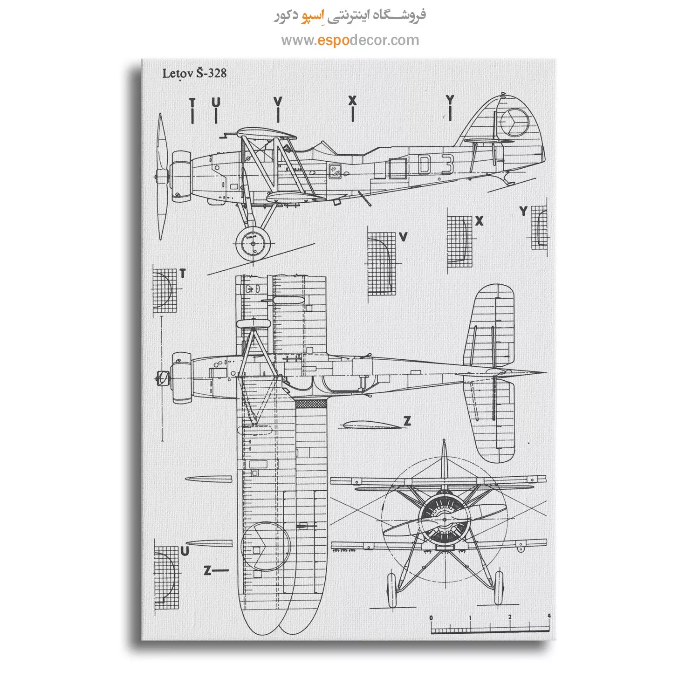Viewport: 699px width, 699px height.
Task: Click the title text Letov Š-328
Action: tap(194, 73)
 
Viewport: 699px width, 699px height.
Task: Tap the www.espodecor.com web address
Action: tap(350, 41)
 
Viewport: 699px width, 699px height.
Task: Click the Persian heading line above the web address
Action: tap(349, 14)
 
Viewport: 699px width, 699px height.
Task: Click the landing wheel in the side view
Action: tap(253, 243)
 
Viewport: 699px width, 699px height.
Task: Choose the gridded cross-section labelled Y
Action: tap(540, 228)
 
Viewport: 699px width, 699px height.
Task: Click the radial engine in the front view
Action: tap(444, 519)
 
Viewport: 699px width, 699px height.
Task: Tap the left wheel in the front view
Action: tap(391, 589)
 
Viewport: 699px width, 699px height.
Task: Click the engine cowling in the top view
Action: tap(181, 378)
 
